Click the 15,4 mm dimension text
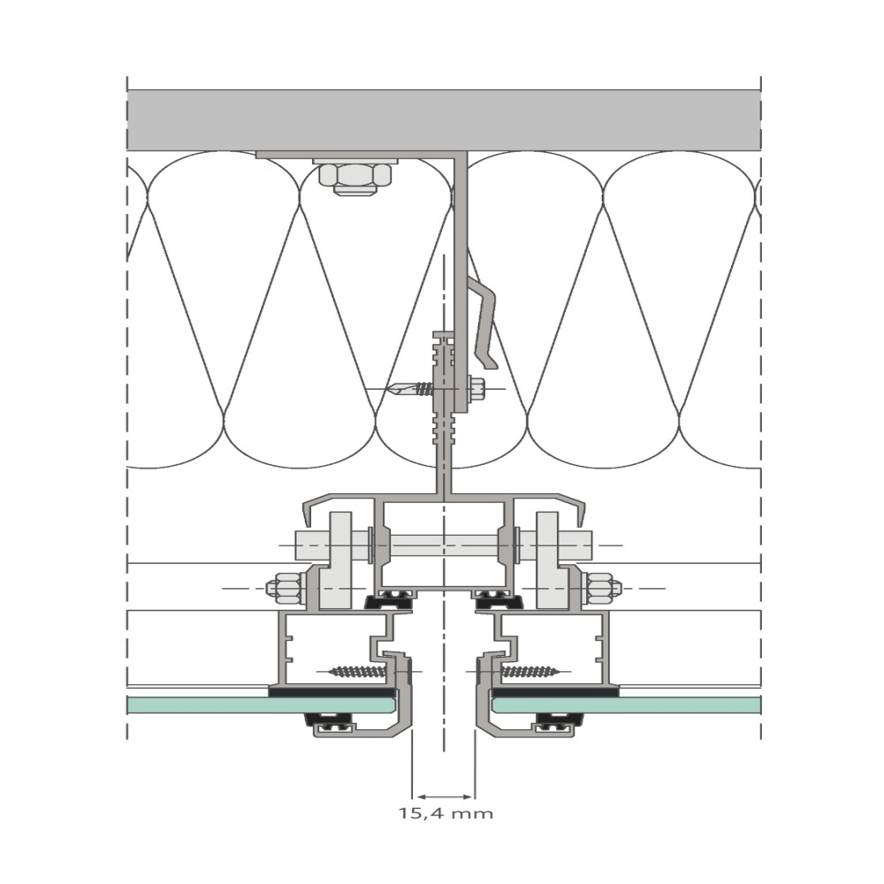point(446,813)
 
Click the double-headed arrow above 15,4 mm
point(445,796)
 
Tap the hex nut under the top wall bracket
point(355,179)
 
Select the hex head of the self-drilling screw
point(476,389)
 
